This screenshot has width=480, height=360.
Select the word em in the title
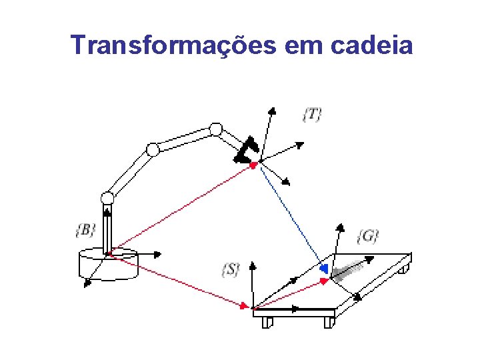coord(301,45)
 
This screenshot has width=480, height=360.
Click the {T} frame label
coord(311,114)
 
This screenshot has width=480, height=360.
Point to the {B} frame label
coord(85,231)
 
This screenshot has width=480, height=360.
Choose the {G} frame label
coord(367,236)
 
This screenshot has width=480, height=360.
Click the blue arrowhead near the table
coord(323,268)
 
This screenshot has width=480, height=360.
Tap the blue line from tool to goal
coord(291,214)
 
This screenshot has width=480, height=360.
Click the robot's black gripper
coord(245,151)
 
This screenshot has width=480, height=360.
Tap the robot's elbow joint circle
coord(153,149)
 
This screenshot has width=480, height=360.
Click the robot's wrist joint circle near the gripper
coord(215,129)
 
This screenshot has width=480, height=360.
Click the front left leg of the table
coord(267,323)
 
